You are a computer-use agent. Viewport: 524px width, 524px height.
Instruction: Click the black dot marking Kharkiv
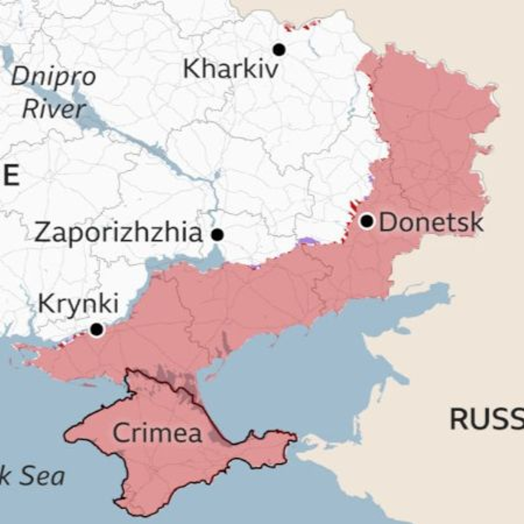(x=279, y=50)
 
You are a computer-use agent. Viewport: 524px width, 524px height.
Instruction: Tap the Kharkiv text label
(x=231, y=70)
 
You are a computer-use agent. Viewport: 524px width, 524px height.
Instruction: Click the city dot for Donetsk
(x=367, y=221)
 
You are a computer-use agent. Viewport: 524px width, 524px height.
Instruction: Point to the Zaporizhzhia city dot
(x=217, y=235)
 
